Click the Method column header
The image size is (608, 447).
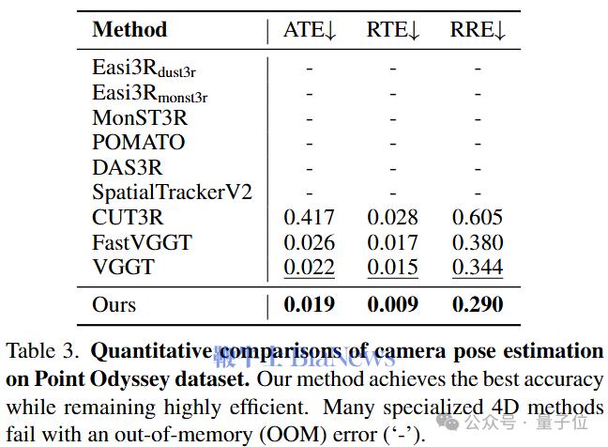point(129,29)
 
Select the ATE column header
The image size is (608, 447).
point(310,30)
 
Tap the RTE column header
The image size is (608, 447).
point(393,30)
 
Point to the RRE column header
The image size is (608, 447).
point(479,30)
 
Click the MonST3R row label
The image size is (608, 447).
point(140,117)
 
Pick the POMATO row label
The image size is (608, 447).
point(139,143)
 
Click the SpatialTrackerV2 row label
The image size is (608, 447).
point(173,193)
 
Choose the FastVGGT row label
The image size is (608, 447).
point(143,242)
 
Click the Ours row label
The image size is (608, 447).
point(114,304)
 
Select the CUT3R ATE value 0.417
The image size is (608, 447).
point(310,217)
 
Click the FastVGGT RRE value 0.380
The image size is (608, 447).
point(478,242)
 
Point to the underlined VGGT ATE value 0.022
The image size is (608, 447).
point(310,267)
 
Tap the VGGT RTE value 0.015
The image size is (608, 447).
point(393,267)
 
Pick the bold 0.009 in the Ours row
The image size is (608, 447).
point(393,304)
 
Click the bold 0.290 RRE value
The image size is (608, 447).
point(478,304)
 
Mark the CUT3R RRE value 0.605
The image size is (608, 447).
point(478,217)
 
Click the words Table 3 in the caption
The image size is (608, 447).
point(42,352)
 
